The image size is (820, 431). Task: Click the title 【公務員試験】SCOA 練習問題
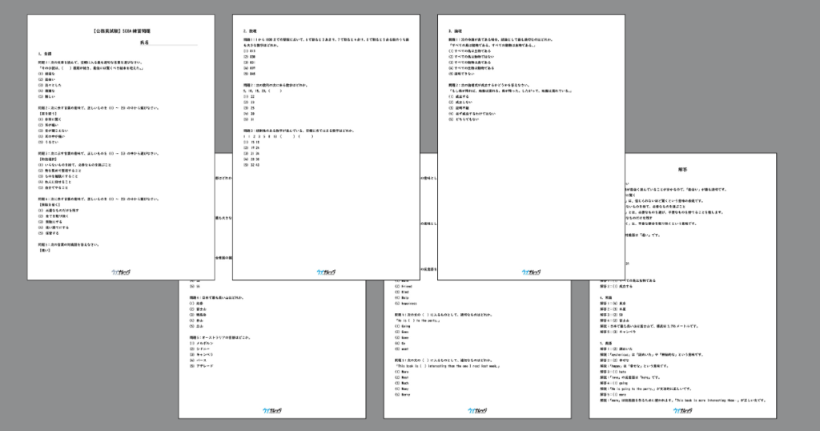(x=122, y=30)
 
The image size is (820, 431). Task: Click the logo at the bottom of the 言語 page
(x=122, y=271)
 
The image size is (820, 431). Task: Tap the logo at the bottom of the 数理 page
(x=327, y=271)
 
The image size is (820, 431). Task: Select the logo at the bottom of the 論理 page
(x=532, y=271)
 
